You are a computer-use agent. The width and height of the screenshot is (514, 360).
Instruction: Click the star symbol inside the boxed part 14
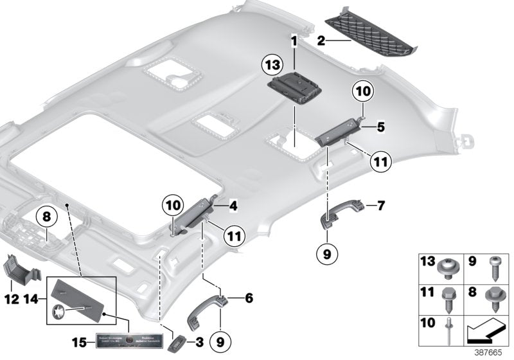click(59, 312)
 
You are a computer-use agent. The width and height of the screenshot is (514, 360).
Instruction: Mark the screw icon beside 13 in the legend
click(448, 264)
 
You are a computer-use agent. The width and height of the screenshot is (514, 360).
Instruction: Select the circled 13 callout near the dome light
click(272, 66)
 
